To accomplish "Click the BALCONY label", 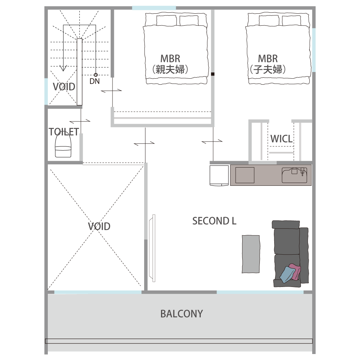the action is click(x=182, y=314).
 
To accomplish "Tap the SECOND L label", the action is click(x=214, y=221).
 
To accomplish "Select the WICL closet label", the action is click(x=282, y=139).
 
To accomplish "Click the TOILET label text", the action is click(x=64, y=132).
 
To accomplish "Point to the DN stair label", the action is click(x=95, y=81).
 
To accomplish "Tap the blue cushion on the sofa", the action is click(x=287, y=275).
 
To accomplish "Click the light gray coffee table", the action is click(x=251, y=254).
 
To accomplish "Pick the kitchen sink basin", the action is click(x=295, y=175).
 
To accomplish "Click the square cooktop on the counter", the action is click(x=245, y=175).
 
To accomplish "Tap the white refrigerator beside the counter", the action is click(x=219, y=175).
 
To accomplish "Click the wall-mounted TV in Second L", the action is click(x=152, y=248).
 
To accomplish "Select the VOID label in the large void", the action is click(x=99, y=227).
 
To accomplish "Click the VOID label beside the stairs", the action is click(x=64, y=87).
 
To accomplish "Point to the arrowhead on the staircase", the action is click(x=63, y=68).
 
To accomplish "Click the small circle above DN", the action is click(x=96, y=75).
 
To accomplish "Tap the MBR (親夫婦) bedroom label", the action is click(x=170, y=64).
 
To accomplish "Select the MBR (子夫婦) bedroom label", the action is click(x=268, y=64).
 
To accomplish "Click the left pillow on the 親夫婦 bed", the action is click(x=166, y=20).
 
